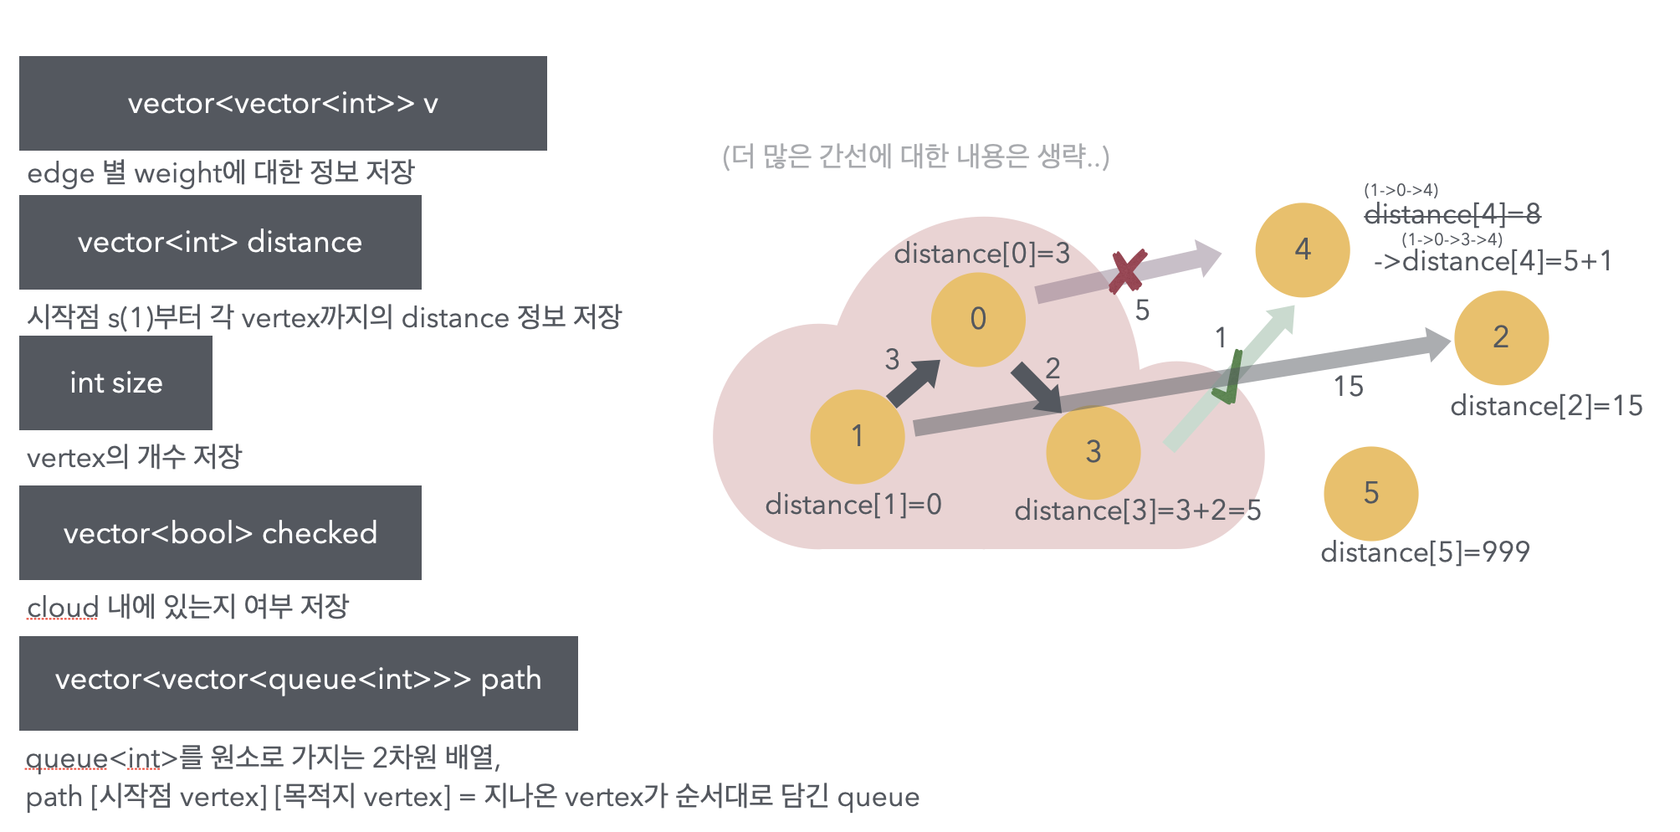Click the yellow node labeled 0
point(978,319)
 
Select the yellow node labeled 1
point(858,436)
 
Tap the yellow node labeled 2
point(1501,337)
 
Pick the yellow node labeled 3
point(1093,452)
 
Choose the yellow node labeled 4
point(1302,249)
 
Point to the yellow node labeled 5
point(1370,493)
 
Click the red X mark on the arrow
point(1126,272)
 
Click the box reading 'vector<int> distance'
point(220,242)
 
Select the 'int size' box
point(115,383)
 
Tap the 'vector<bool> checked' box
point(220,532)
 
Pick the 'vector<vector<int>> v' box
point(283,103)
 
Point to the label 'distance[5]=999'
point(1425,552)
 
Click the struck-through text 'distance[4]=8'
point(1452,214)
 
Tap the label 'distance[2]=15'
point(1546,406)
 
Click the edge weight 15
point(1348,386)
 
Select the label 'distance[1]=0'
point(853,505)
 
